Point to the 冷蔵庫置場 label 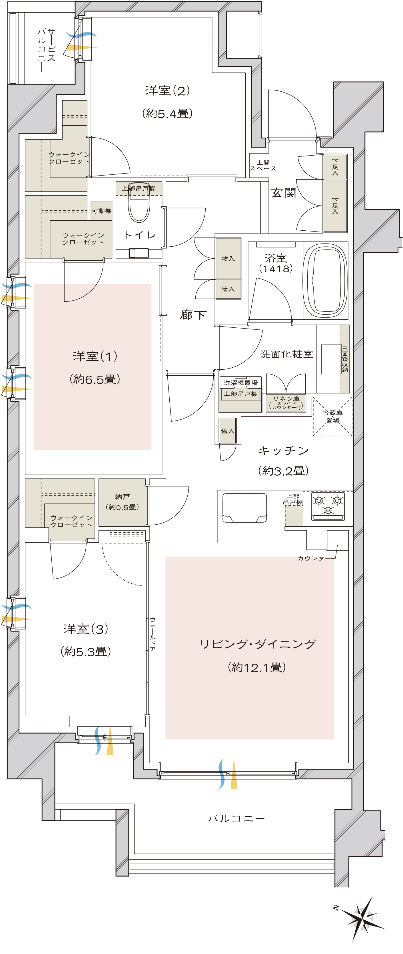(333, 416)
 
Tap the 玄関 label (283, 193)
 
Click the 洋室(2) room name (167, 90)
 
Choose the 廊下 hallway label (193, 314)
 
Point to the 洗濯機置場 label (240, 383)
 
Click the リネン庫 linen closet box (286, 402)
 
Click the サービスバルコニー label (47, 49)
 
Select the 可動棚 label (101, 211)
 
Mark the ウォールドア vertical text (153, 634)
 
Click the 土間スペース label (263, 166)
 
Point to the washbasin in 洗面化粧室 (331, 359)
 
